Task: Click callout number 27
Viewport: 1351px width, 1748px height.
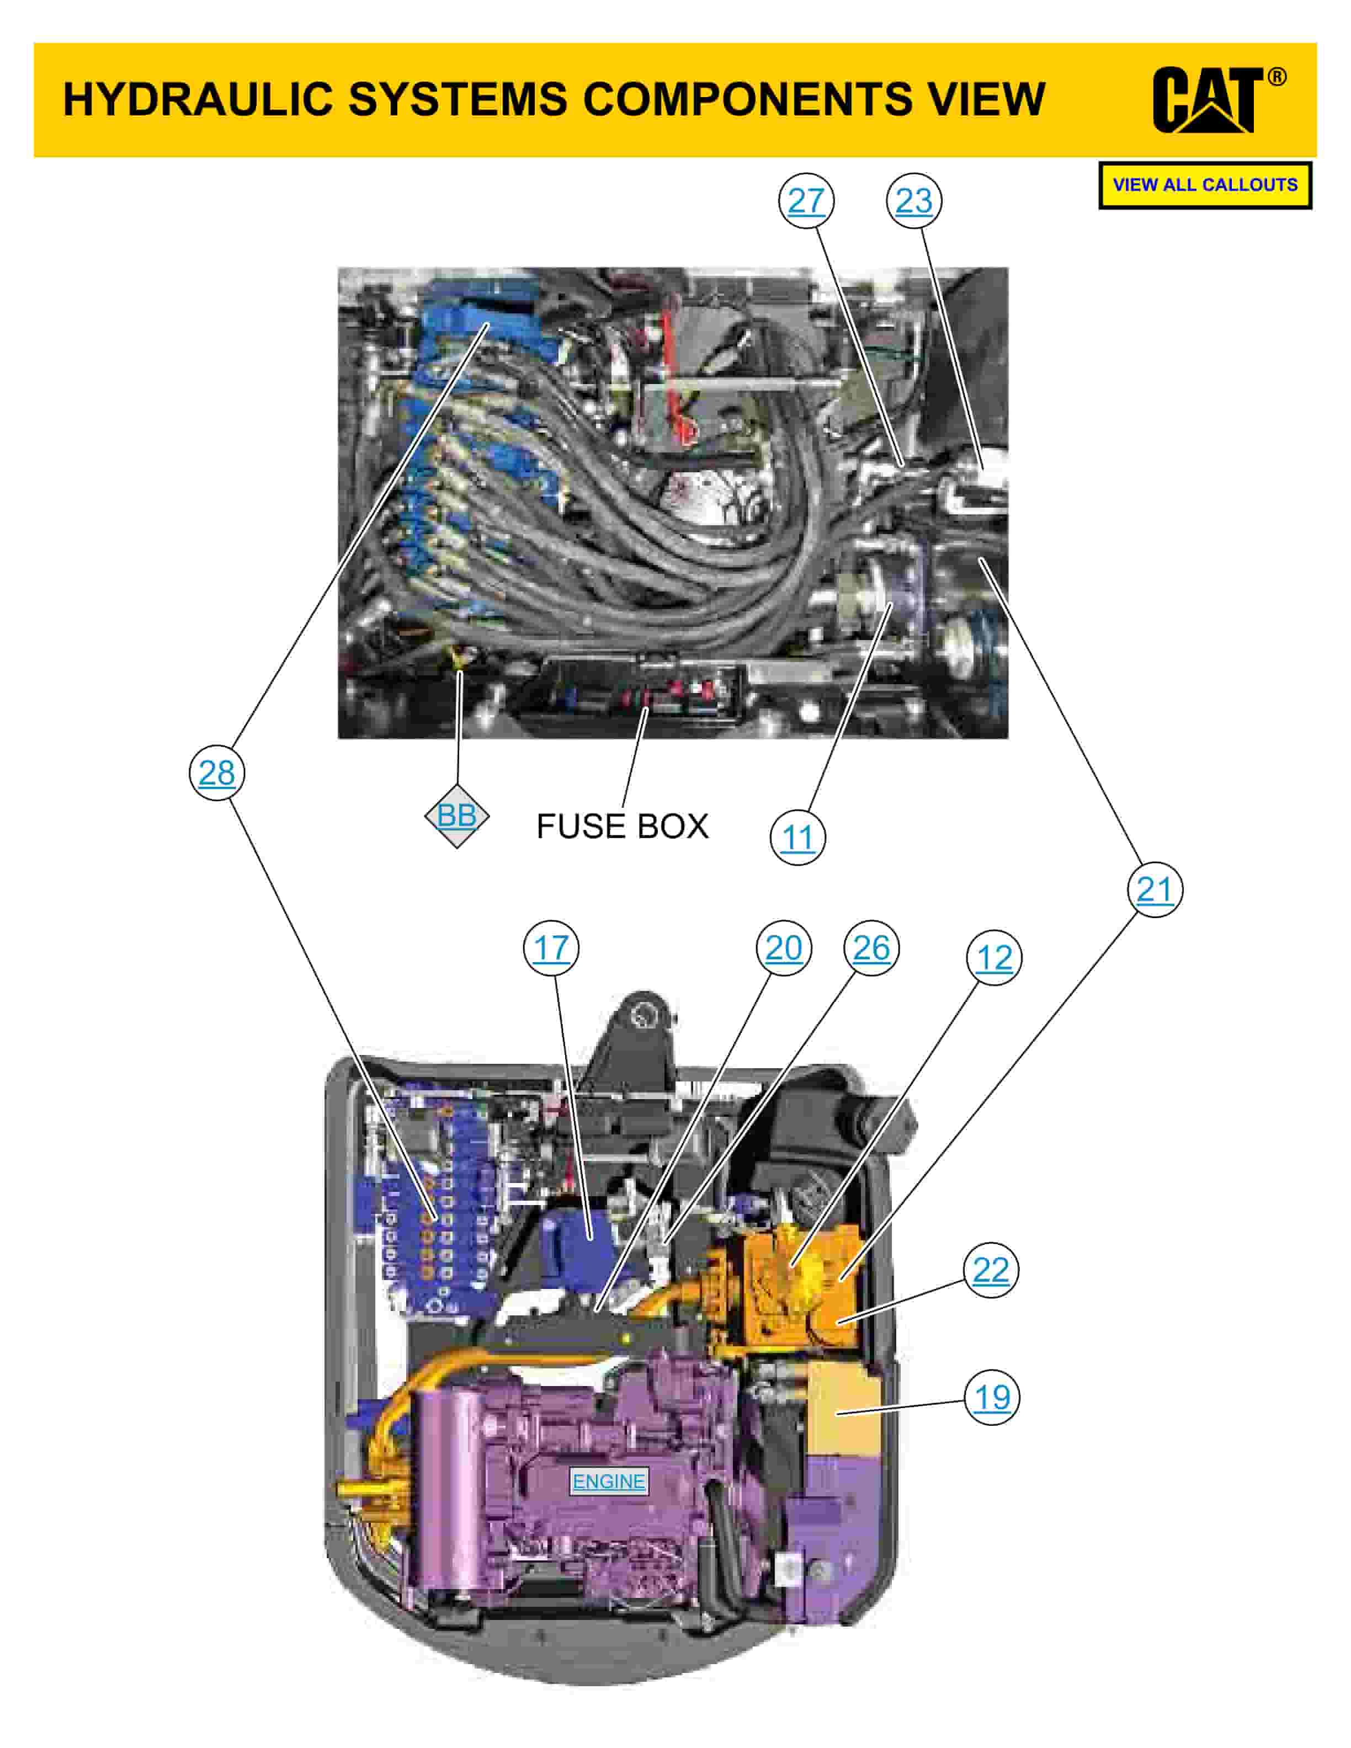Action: click(806, 201)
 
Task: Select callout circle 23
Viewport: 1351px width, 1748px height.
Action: click(914, 201)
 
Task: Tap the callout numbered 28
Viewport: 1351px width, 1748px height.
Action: click(217, 772)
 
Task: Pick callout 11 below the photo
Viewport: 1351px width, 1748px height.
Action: click(797, 838)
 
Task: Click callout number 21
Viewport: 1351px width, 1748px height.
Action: click(1154, 889)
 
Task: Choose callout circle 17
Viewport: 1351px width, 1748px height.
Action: click(551, 948)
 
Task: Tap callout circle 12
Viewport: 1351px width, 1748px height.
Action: click(994, 958)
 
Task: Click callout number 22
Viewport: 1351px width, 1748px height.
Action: click(991, 1270)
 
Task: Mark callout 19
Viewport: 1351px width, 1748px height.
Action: click(992, 1398)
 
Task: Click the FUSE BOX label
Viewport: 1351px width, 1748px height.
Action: click(622, 827)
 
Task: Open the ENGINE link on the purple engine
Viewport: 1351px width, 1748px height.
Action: click(608, 1481)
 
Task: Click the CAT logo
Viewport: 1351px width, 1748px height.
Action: click(1207, 100)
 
